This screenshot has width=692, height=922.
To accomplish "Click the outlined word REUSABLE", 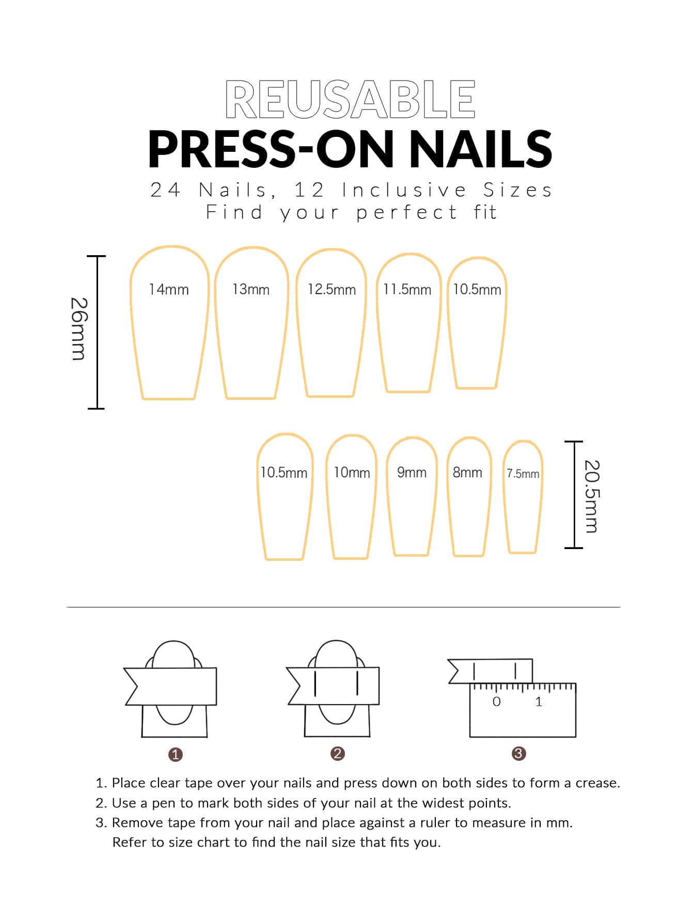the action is [350, 99].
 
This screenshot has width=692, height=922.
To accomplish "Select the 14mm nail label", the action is [169, 289].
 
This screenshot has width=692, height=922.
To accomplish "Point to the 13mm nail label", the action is [251, 289].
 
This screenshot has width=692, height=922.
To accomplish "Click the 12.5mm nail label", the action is [332, 289].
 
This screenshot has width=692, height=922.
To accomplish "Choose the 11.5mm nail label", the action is [407, 289].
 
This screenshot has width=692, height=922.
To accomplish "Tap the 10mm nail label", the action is [352, 473].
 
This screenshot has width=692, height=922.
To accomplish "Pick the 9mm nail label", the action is [412, 473].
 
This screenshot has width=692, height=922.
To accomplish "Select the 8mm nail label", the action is [467, 473].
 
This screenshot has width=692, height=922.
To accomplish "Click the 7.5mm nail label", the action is [523, 474].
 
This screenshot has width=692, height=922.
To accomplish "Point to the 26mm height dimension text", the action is [78, 329].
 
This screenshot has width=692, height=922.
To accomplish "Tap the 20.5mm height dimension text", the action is [592, 496].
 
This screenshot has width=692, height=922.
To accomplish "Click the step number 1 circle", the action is [176, 755].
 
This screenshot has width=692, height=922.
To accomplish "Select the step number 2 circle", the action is [337, 754].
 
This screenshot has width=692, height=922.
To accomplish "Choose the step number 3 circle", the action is [518, 754].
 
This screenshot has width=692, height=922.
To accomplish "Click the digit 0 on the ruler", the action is [497, 701].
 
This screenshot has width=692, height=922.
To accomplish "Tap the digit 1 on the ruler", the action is [539, 701].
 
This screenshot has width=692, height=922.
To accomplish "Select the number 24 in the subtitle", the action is [165, 190].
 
